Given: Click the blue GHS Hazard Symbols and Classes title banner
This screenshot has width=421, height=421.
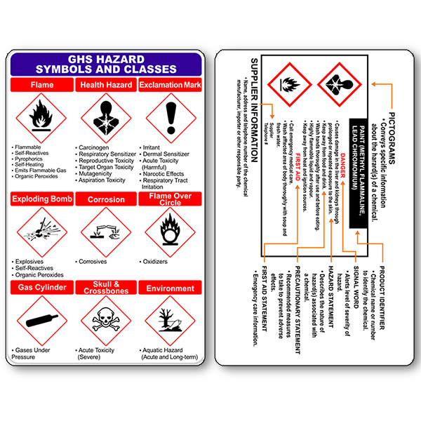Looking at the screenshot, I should pyautogui.click(x=106, y=65).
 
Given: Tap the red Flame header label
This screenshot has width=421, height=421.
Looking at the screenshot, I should pyautogui.click(x=41, y=86).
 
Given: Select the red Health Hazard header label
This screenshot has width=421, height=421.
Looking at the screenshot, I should pyautogui.click(x=106, y=86).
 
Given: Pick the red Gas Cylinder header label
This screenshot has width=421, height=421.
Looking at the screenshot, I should pyautogui.click(x=41, y=288).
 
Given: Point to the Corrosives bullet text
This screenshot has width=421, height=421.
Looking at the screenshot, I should pyautogui.click(x=94, y=262).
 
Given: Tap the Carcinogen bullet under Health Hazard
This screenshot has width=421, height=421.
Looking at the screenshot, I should pyautogui.click(x=95, y=148).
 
